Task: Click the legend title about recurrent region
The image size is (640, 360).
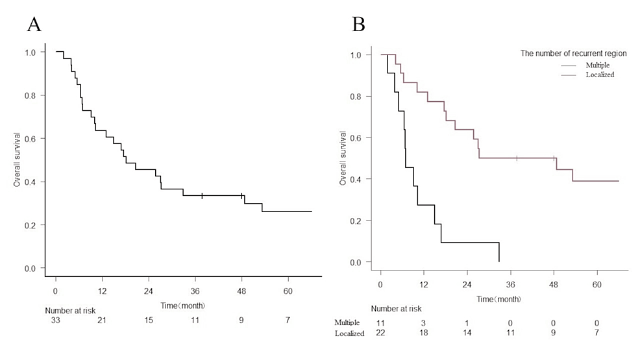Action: tap(575, 53)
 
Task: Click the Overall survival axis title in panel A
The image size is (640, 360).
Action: tap(18, 160)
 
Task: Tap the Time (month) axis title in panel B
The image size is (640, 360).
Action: tap(498, 299)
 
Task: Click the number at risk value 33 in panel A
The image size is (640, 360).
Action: tap(55, 320)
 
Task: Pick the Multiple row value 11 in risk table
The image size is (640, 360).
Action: tap(380, 322)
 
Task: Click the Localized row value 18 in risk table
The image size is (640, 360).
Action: tap(424, 333)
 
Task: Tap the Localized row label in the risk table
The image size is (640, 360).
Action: tap(349, 333)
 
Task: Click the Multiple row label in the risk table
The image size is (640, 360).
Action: tap(347, 322)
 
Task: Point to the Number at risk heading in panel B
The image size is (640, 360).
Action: tap(396, 309)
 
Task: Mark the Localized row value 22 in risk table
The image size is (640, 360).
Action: tap(380, 333)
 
